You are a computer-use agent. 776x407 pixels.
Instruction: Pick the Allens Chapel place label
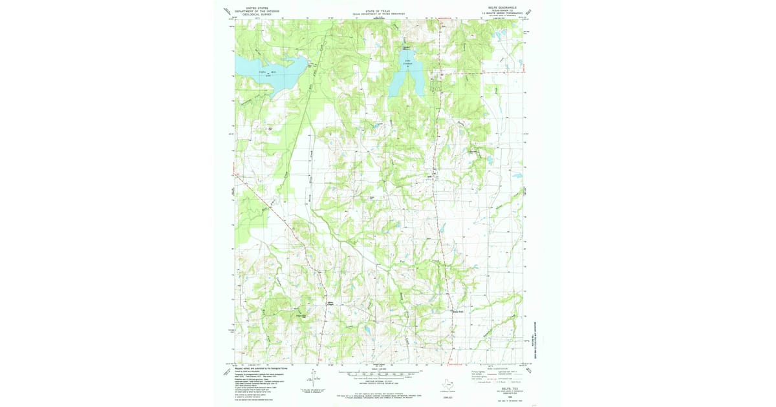[330, 303]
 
